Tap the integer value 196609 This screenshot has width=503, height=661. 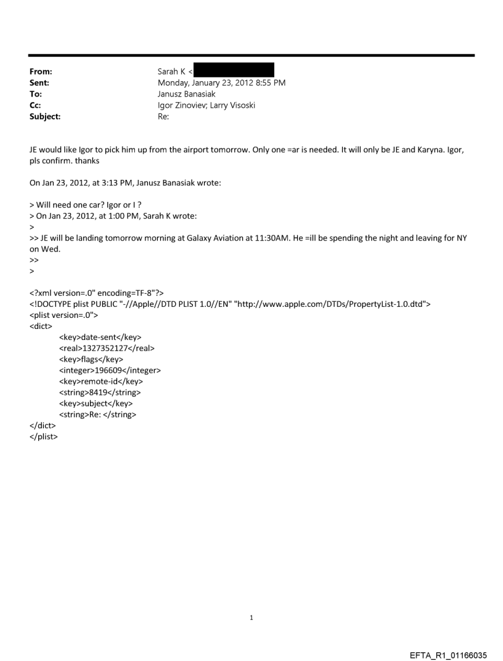(113, 370)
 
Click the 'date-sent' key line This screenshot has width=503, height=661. (100, 337)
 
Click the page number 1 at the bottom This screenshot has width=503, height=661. (251, 617)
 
